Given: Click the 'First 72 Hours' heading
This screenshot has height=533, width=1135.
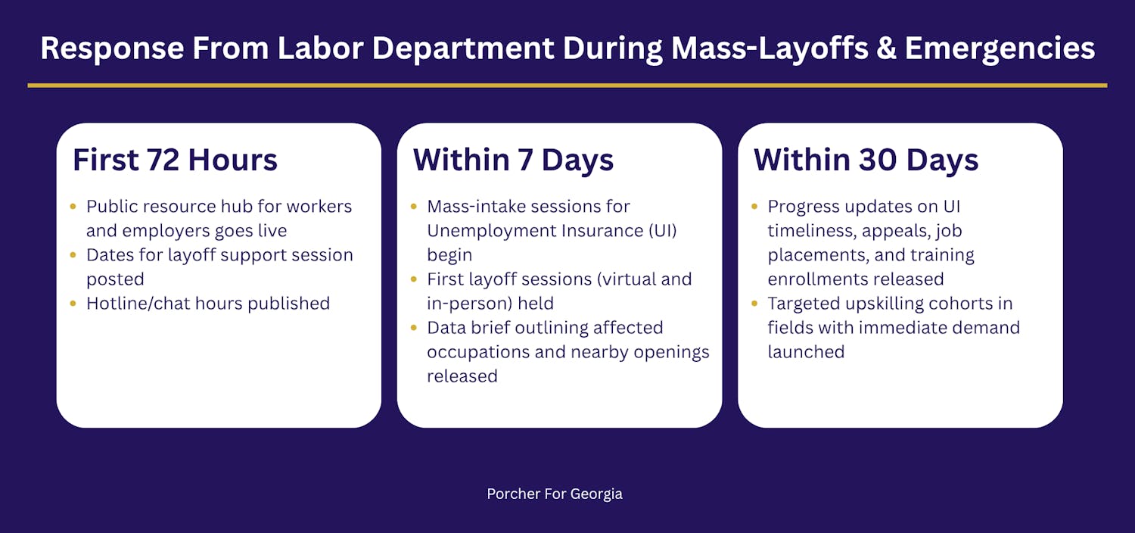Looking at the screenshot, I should point(175,161).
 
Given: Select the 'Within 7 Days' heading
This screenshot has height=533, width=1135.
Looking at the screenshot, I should point(513,161).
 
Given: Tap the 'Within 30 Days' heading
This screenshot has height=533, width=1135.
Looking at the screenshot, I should point(866,161).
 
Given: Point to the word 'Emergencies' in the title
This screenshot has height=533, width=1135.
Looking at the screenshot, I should point(1000,49).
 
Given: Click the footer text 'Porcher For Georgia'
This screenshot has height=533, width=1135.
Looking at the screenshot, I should point(555,494).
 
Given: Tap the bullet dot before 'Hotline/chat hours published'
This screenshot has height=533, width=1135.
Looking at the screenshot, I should point(73,304).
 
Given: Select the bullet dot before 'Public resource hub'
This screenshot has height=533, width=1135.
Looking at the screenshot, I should point(73,207).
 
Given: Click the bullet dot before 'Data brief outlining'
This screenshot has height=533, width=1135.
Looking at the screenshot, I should point(413,328).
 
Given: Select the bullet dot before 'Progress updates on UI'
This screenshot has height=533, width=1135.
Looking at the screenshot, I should point(754,207).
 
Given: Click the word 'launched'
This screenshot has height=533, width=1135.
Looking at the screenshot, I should point(806,352).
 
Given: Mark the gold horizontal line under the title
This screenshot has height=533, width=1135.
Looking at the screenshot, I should point(567,86).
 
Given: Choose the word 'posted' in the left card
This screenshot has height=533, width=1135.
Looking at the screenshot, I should point(115,279).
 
